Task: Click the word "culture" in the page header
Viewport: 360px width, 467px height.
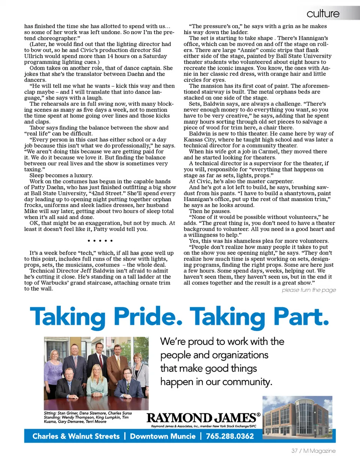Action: (x=323, y=14)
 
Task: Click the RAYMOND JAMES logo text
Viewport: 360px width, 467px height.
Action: (x=201, y=417)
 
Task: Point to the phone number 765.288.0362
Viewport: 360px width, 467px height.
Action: (x=230, y=436)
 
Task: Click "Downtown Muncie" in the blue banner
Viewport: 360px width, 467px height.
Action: (x=163, y=436)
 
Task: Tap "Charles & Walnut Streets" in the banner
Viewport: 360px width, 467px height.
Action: (x=76, y=436)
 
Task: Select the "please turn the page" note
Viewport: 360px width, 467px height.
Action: (x=309, y=290)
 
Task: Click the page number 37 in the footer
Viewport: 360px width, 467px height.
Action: (x=294, y=451)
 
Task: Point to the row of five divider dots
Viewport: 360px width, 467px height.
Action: (x=100, y=240)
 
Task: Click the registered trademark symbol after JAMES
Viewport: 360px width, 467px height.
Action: (x=258, y=414)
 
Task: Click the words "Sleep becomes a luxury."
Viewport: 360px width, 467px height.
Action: (x=61, y=175)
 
